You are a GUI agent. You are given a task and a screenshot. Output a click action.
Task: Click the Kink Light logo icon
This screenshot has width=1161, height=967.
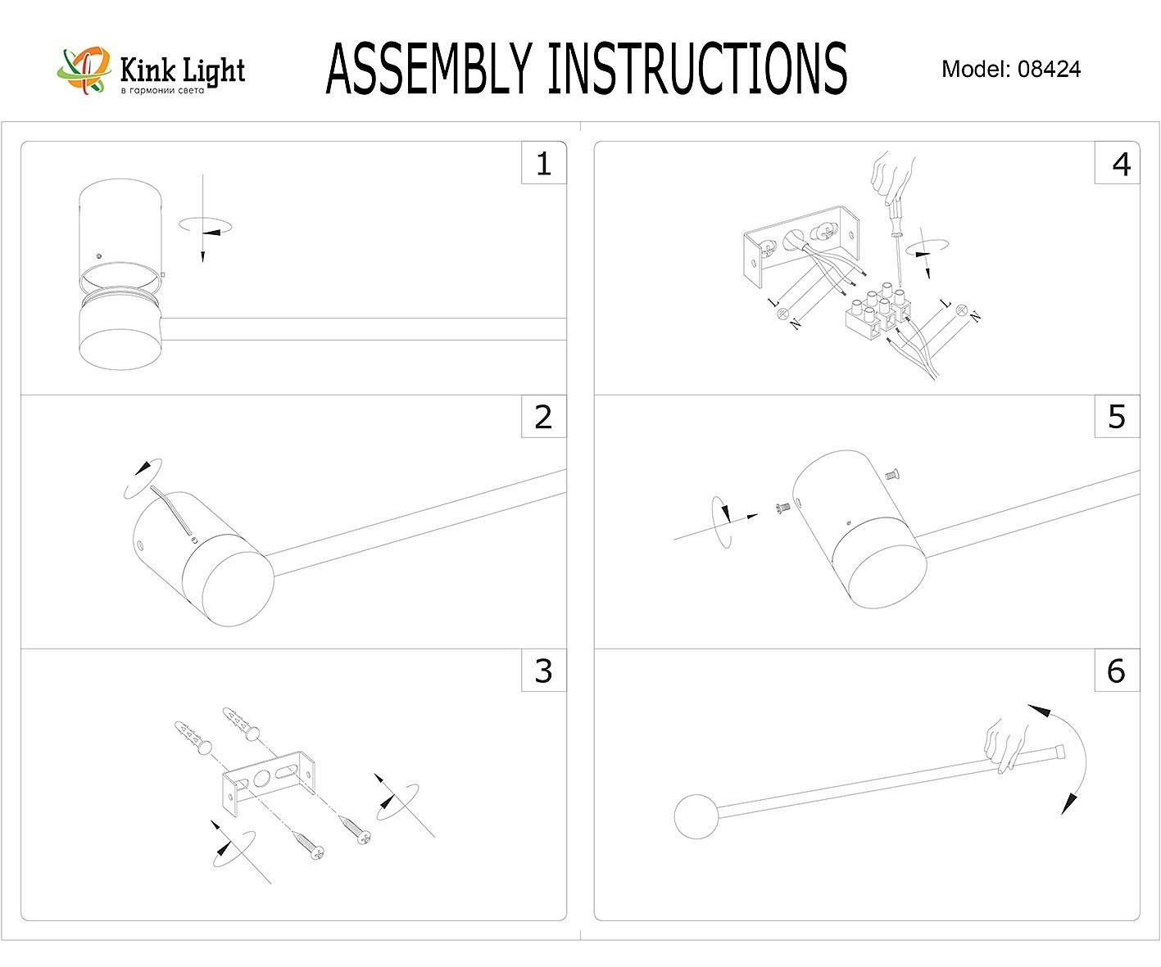(83, 70)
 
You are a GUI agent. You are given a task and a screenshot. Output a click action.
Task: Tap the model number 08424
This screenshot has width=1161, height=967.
(1049, 70)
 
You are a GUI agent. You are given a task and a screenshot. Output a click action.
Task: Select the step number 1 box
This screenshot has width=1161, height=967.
(543, 164)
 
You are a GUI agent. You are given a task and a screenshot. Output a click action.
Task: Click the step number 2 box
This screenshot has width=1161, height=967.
(543, 418)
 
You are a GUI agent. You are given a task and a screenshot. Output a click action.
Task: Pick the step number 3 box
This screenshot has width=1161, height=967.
(543, 671)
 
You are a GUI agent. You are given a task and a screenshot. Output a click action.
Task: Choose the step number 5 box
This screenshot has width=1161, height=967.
(1117, 418)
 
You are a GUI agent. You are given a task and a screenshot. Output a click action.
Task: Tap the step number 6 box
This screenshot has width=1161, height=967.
(1117, 671)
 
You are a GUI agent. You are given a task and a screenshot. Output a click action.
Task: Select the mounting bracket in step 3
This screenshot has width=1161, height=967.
(268, 783)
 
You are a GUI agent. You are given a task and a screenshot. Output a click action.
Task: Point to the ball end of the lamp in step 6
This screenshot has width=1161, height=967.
(696, 816)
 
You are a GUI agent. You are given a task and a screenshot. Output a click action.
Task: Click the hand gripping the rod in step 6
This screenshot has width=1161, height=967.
(1006, 744)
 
